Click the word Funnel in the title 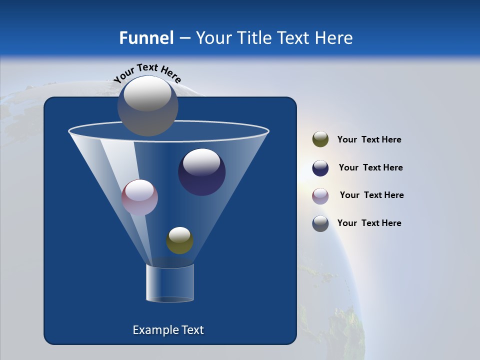click(146, 38)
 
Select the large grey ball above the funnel click(148, 106)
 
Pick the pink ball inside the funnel click(140, 197)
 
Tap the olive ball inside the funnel click(179, 240)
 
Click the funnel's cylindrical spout click(170, 283)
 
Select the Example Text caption click(168, 330)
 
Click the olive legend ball click(320, 139)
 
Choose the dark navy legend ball click(320, 168)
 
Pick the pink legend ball click(320, 196)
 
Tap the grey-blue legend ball click(320, 223)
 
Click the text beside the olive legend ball click(369, 140)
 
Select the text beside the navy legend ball click(370, 167)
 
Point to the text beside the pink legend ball click(371, 195)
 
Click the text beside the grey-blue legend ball click(369, 223)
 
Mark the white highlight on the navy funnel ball click(201, 161)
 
